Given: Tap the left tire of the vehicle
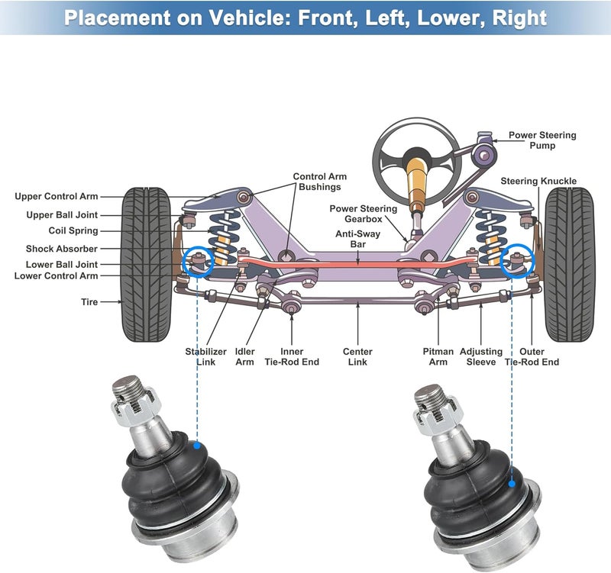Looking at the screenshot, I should pos(147,264).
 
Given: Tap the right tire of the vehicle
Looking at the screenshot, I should pos(569,264).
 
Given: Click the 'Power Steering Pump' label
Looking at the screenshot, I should pos(542,140).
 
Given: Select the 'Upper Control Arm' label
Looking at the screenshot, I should pos(57,197).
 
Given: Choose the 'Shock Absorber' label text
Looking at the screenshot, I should pos(61,249).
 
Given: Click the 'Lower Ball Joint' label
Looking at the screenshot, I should pos(61,265).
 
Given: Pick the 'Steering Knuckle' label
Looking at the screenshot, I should pos(538,181).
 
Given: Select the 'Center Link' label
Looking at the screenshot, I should pos(357,356).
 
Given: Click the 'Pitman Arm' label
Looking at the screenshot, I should pos(438,356).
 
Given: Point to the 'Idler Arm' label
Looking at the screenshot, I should pos(244,356).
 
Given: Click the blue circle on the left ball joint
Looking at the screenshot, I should pos(198,261).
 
